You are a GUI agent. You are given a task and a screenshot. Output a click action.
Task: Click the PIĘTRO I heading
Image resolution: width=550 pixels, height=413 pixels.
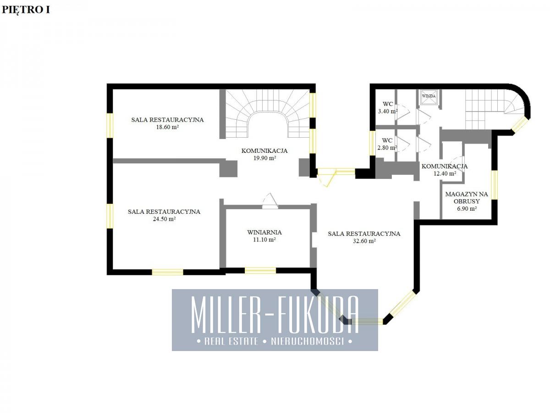coord(26,10)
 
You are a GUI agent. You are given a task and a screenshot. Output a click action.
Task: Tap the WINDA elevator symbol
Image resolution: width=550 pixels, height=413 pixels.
coord(429,96)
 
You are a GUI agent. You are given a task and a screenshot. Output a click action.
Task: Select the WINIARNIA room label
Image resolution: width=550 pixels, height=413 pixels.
coord(264,233)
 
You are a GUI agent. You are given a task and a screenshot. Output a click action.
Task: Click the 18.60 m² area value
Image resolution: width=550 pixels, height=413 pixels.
coord(167,127)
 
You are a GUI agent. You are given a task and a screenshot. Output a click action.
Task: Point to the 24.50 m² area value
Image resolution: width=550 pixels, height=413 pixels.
coord(164,219)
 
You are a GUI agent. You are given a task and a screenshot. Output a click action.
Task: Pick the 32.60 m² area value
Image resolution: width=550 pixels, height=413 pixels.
coord(364,241)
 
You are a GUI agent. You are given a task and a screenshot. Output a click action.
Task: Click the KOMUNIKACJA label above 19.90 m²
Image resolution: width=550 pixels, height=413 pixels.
coord(264,151)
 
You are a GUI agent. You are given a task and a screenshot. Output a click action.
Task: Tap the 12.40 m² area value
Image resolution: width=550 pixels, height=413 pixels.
coord(445,173)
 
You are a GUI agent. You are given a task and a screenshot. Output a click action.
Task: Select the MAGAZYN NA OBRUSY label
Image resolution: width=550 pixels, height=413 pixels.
coord(467,198)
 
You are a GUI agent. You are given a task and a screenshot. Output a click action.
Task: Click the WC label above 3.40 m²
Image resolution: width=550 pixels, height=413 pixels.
coord(388,104)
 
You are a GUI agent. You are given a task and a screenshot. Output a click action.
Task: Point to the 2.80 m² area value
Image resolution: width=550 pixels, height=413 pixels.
coord(387,148)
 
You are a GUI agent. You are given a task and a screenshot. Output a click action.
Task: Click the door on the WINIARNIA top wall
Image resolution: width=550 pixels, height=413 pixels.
coord(270,201)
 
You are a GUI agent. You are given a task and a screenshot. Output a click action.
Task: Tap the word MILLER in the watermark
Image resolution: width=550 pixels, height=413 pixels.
coord(227,315)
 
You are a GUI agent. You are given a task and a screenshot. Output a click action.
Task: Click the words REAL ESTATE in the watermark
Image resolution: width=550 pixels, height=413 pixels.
coord(231,341)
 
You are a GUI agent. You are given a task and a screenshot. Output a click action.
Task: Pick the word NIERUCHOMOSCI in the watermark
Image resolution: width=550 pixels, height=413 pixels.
coord(307,341)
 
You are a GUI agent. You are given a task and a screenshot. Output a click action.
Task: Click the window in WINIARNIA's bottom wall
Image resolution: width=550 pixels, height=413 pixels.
coord(260,271)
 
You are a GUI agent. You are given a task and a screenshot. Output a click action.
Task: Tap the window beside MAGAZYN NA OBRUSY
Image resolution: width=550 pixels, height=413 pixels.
coord(494,185)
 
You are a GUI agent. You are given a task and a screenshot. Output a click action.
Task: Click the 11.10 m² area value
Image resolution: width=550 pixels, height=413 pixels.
coord(264,240)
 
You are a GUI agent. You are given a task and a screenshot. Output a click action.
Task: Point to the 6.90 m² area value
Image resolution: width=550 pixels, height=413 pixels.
coord(467,208)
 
